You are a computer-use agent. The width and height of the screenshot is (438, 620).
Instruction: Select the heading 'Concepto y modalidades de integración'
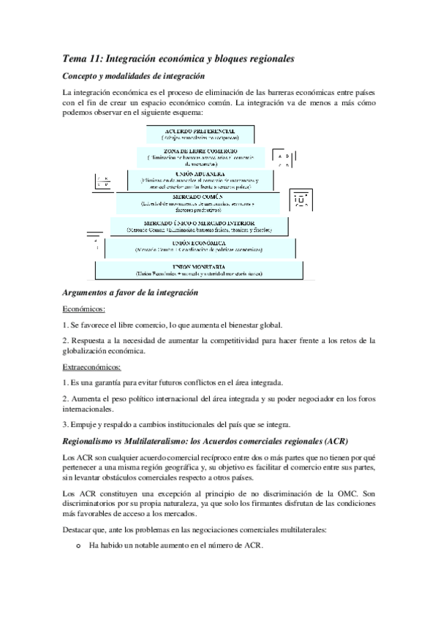click(x=134, y=76)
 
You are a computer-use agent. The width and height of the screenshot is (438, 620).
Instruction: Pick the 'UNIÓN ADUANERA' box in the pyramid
click(x=200, y=179)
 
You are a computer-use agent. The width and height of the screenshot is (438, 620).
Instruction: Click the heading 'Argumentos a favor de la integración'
click(x=131, y=292)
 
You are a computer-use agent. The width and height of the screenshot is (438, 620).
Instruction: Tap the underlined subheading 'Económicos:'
click(x=84, y=309)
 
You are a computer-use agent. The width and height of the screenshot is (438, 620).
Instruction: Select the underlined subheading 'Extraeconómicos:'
click(x=92, y=366)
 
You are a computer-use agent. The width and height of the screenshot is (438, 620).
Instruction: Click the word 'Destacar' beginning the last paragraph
click(x=79, y=529)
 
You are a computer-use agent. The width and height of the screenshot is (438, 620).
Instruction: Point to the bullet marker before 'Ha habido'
click(x=78, y=545)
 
